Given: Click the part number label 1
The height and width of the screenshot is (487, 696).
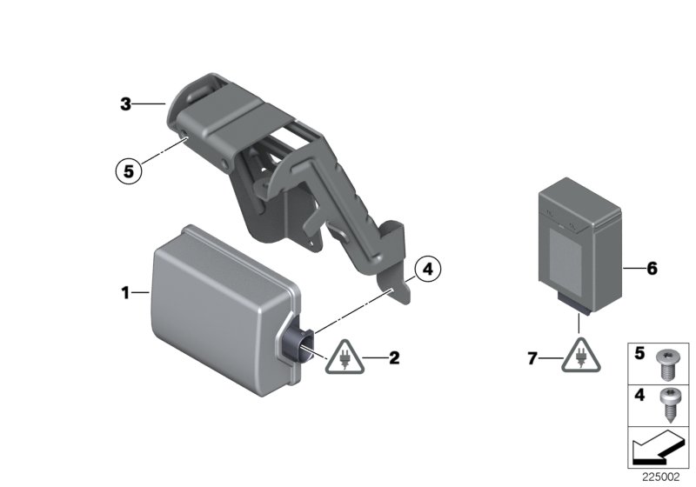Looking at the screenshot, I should pos(125,293).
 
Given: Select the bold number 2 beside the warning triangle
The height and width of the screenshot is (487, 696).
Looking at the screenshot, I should pos(394,357).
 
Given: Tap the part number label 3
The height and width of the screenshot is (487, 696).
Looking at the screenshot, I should pos(125,104).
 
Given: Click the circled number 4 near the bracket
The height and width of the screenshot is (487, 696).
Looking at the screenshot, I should pos(427,270).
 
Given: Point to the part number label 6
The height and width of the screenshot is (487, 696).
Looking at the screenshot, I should pos(652,269).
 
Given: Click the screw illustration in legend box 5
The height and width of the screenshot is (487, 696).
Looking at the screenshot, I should pos(666,362).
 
